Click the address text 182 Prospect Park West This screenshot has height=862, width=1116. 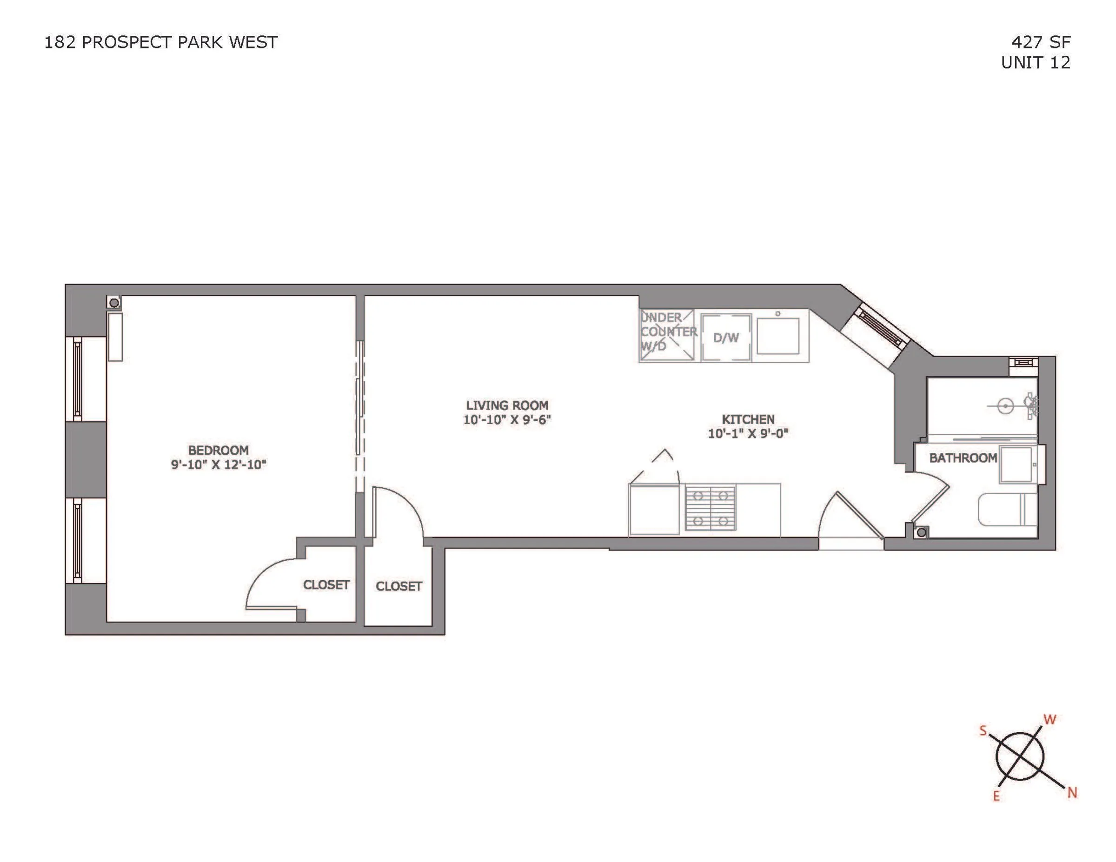tap(160, 42)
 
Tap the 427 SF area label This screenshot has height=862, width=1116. tap(1041, 42)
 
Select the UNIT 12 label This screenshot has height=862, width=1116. tap(1035, 62)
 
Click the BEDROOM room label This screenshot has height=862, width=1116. tap(219, 450)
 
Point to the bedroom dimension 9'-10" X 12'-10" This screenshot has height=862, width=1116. tap(219, 464)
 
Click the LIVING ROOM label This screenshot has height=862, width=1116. tap(507, 405)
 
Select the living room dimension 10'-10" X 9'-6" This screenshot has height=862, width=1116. tap(507, 420)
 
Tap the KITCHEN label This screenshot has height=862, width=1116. tap(748, 419)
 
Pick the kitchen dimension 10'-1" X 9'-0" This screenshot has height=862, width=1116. tap(748, 434)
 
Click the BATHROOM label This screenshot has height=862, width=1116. tap(963, 458)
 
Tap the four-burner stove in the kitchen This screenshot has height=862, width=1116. tap(710, 508)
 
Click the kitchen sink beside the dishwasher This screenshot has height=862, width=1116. tap(778, 335)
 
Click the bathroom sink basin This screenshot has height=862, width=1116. tap(1016, 464)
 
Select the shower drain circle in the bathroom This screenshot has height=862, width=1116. tap(1006, 406)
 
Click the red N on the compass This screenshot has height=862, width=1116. tap(1072, 793)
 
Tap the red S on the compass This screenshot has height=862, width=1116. tap(983, 731)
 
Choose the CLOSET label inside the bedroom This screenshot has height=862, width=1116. tap(326, 584)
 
